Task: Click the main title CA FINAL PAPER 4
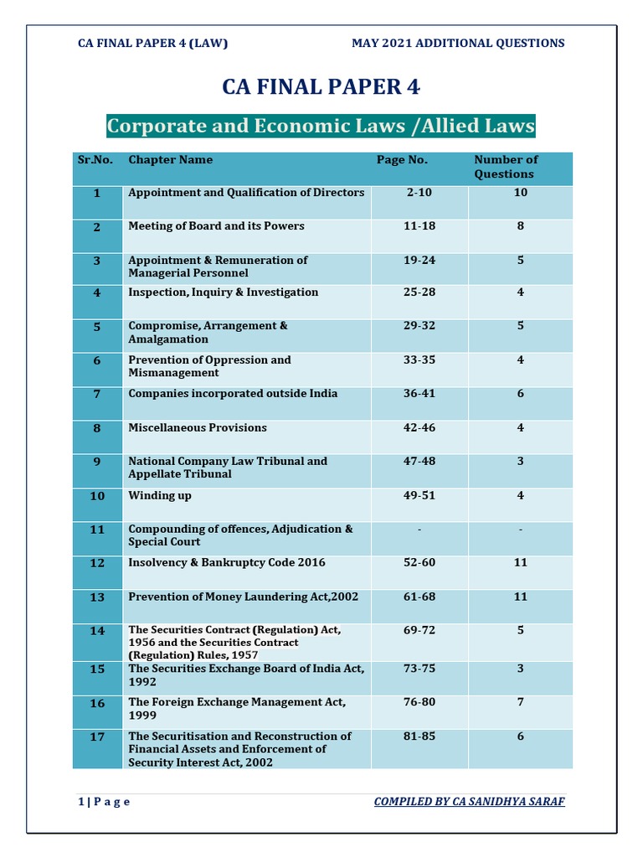click(321, 88)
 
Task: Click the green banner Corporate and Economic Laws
click(321, 127)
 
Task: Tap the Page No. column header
click(402, 160)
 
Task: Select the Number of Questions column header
click(505, 167)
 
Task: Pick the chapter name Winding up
click(160, 495)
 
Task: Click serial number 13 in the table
click(97, 597)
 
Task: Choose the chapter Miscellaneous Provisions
click(198, 427)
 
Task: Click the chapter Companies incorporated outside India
click(233, 393)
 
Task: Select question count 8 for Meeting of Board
click(520, 226)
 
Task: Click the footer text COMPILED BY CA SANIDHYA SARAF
click(469, 802)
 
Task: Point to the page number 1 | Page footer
click(104, 802)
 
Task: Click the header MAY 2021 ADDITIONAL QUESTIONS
click(458, 44)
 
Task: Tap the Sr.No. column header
click(95, 160)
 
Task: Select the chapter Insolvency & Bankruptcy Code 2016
click(226, 562)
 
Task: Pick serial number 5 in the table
click(97, 327)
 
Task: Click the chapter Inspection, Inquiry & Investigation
click(223, 292)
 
